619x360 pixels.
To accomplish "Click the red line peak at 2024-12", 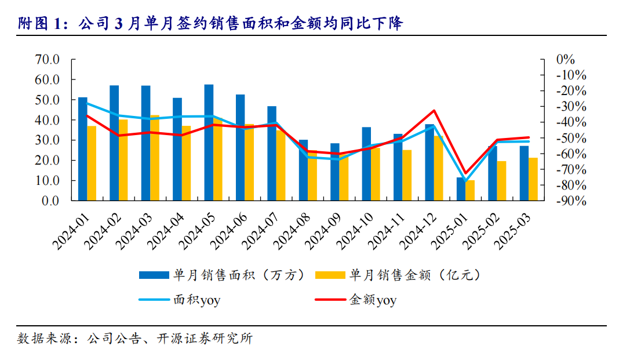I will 434,110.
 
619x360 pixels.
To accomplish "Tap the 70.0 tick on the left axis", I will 48,59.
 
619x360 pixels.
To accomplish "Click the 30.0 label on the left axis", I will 48,140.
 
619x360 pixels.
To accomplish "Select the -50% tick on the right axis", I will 571,138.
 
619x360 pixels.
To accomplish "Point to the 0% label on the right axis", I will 565,59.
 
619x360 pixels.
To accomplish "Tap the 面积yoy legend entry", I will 196,300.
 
